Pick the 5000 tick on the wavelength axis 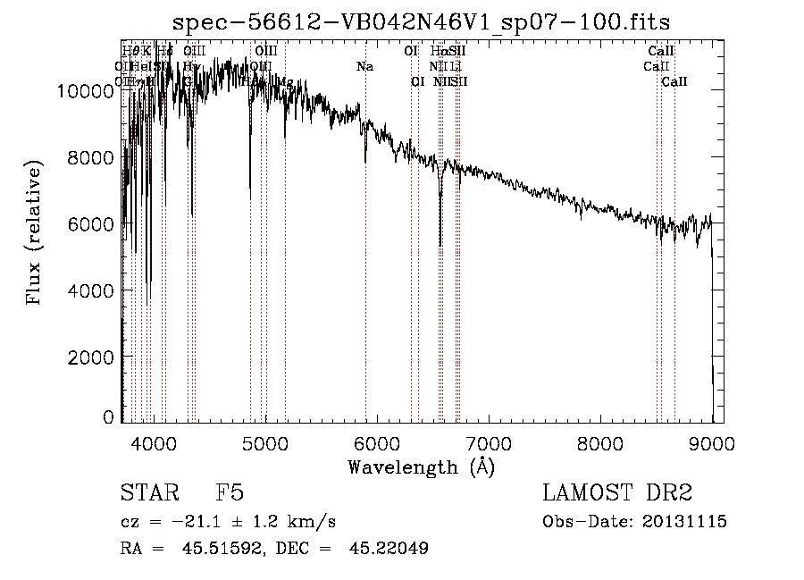[265, 442]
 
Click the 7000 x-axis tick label [489, 442]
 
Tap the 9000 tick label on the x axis [712, 442]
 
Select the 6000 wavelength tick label [377, 442]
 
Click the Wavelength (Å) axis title [421, 467]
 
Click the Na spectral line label [364, 66]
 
